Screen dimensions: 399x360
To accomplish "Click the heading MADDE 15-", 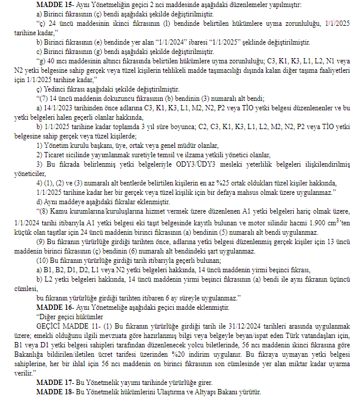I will point(54,5).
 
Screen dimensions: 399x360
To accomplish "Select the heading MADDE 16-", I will point(54,306).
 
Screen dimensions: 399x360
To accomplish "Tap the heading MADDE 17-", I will point(54,382).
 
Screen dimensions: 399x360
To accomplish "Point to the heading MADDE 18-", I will point(54,391).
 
